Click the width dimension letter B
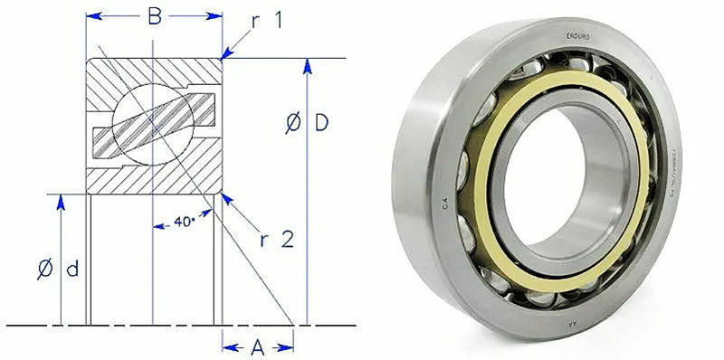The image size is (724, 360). (155, 15)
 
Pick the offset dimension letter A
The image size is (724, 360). (258, 346)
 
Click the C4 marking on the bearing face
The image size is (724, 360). (444, 206)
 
